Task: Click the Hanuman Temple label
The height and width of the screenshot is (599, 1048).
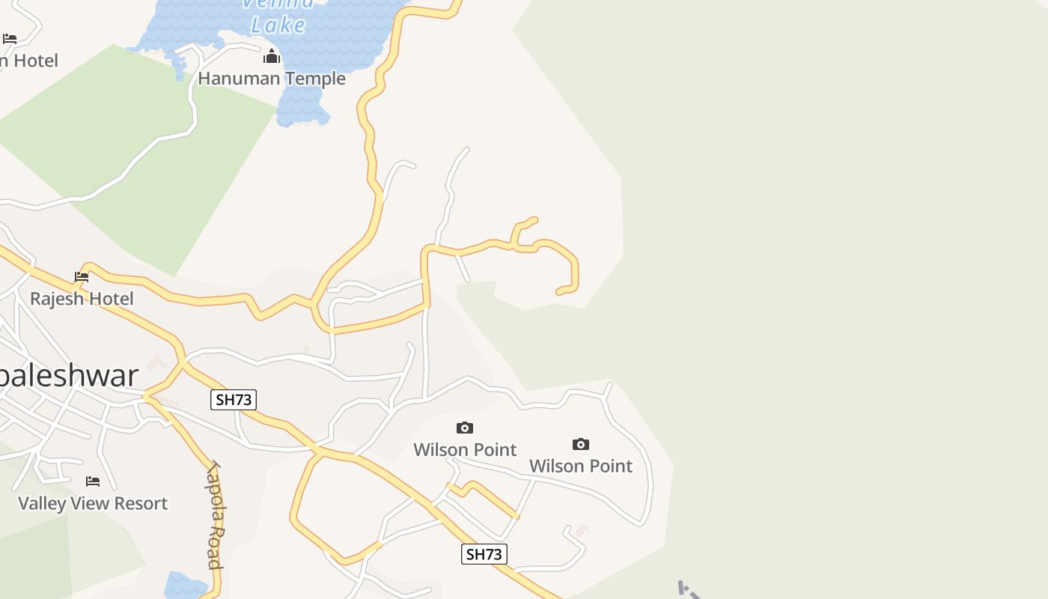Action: coord(272,78)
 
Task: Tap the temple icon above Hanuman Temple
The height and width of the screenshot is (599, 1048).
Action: coord(272,57)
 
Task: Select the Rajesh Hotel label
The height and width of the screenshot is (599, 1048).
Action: coord(82,299)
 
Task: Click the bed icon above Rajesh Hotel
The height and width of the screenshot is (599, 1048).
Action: coord(82,277)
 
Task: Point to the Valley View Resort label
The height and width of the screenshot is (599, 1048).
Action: coord(93,503)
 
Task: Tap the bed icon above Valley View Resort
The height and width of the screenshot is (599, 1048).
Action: coord(93,481)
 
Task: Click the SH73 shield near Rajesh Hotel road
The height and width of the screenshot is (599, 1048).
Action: coord(234,400)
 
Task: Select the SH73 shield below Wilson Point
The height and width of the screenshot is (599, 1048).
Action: coord(484,554)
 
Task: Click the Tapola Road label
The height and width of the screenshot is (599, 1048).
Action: coord(215,515)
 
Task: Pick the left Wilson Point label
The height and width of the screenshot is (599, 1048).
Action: coord(465,449)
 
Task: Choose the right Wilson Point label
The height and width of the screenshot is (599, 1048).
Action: coord(581,466)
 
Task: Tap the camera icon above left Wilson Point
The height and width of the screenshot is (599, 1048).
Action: coord(465,428)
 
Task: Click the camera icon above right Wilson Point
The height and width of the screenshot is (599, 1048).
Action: coord(581,445)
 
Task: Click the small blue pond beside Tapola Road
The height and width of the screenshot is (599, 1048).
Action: coord(184,586)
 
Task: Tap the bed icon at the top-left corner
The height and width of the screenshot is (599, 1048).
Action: coord(10,38)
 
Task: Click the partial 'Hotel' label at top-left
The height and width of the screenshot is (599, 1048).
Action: coord(30,61)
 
